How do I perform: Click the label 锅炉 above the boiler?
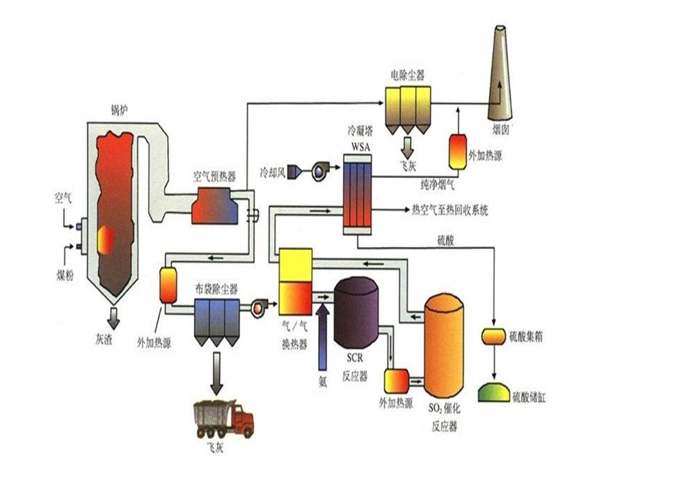tap(120, 109)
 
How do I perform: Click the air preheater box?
tap(215, 206)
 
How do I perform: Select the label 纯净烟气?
tap(439, 185)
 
